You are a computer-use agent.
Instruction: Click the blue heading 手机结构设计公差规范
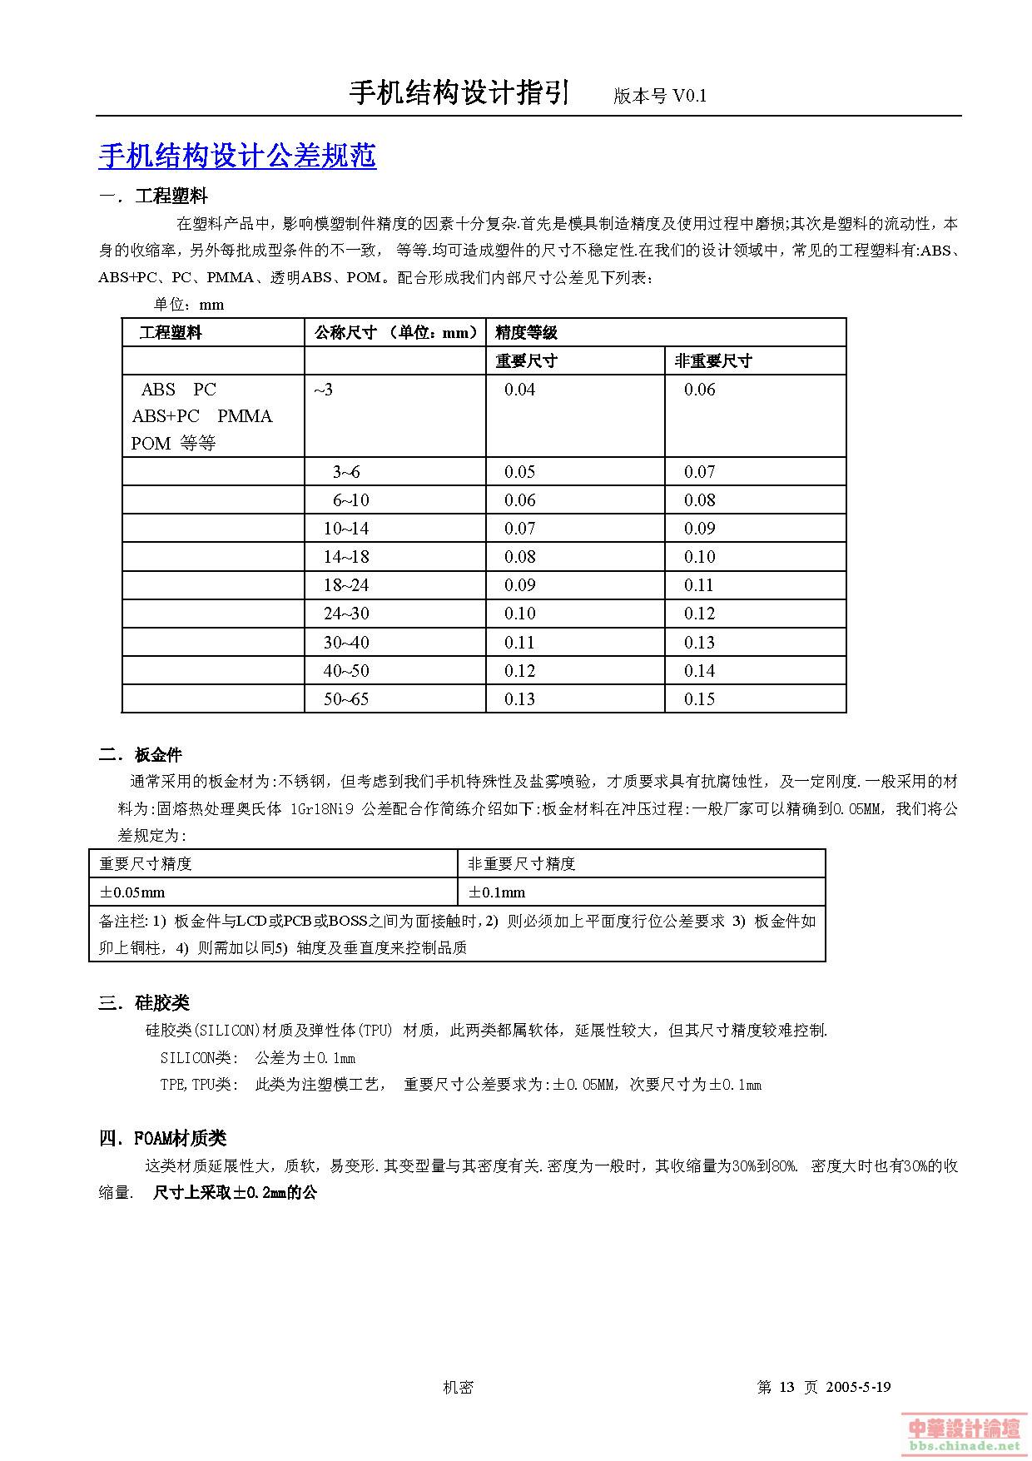237,156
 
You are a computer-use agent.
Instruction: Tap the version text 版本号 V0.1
659,96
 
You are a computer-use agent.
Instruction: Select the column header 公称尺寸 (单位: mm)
396,332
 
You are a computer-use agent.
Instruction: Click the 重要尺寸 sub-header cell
526,360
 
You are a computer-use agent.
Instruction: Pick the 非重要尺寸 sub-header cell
712,360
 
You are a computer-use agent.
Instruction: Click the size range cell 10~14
345,529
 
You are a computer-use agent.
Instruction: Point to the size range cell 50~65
345,699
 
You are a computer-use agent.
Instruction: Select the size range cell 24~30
345,614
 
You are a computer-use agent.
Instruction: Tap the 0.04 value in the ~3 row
519,390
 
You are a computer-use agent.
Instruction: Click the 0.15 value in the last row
699,699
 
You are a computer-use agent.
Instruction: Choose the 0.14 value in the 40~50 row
699,671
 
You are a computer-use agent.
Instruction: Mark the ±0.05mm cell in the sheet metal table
132,892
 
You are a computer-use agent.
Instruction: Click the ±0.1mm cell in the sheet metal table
497,892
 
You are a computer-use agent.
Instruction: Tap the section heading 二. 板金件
140,755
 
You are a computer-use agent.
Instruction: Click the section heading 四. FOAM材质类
162,1138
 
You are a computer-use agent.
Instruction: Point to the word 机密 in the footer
458,1387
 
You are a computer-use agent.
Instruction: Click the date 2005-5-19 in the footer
858,1387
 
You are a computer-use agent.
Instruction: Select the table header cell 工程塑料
171,332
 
